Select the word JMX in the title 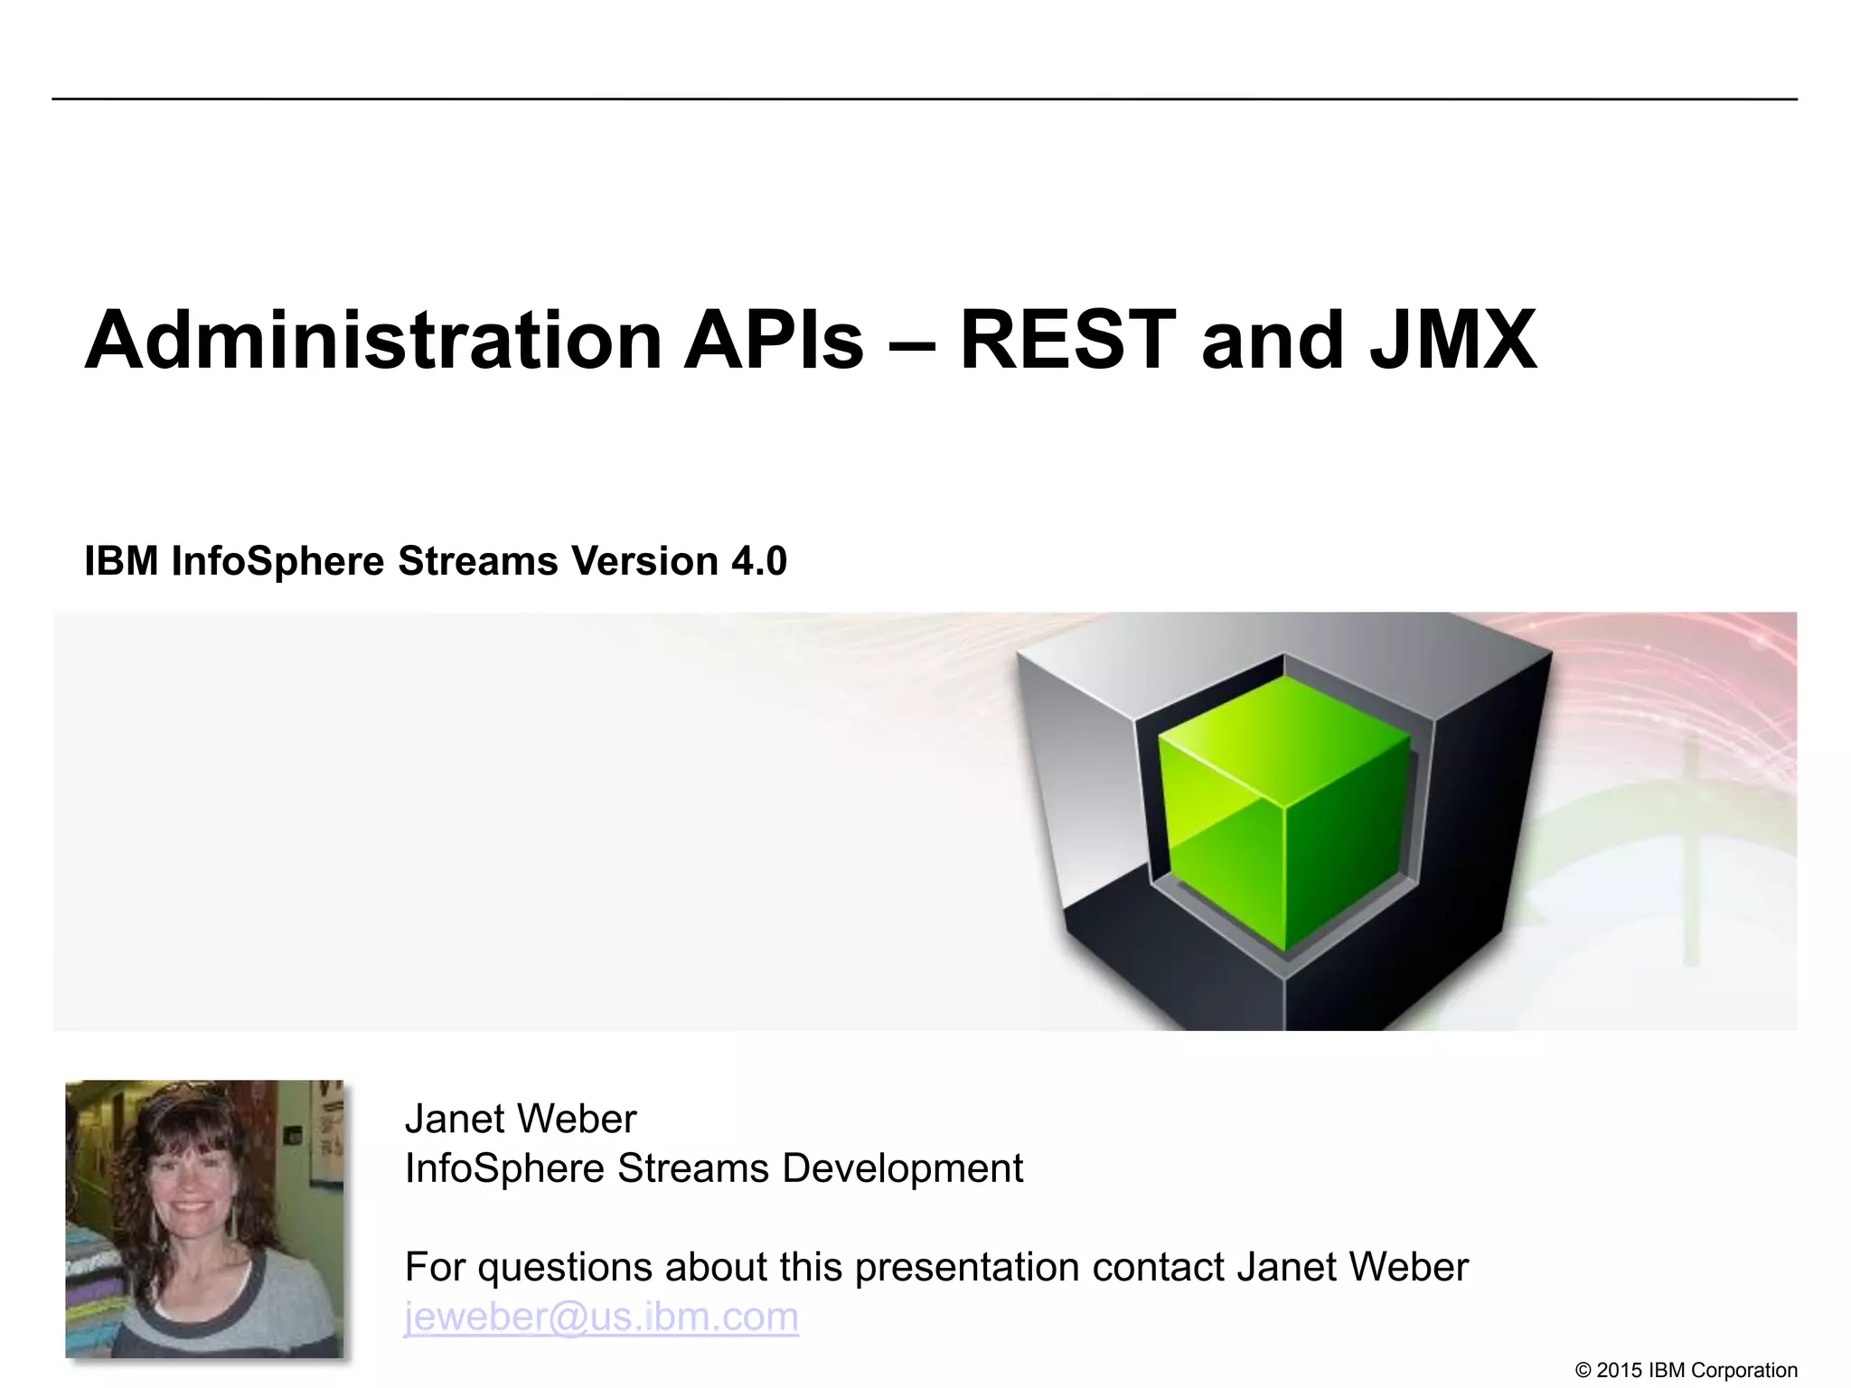coord(1452,341)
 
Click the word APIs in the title coord(774,341)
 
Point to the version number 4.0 coord(759,561)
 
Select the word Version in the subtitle coord(644,561)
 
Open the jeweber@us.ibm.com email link coord(601,1317)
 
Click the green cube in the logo coord(1284,813)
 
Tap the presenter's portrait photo coord(204,1218)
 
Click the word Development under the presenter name coord(902,1168)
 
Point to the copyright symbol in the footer coord(1583,1371)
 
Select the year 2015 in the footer coord(1620,1371)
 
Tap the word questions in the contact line coord(565,1267)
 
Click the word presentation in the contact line coord(967,1267)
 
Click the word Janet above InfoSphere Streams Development coord(452,1119)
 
